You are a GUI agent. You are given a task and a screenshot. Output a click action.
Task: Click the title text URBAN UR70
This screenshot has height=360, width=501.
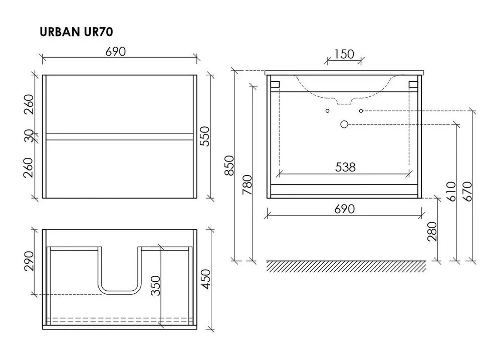click(76, 32)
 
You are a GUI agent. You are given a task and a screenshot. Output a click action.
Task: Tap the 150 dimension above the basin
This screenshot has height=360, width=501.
click(344, 54)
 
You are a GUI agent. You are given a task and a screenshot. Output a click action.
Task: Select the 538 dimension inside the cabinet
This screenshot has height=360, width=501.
click(345, 167)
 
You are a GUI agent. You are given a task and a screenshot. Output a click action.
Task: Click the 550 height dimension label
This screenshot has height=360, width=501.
click(205, 136)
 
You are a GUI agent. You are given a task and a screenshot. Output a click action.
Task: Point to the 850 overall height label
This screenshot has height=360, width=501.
click(229, 165)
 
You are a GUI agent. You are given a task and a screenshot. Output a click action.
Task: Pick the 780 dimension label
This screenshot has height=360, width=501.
click(247, 185)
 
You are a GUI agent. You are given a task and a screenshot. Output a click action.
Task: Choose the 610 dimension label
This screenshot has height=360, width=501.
click(451, 191)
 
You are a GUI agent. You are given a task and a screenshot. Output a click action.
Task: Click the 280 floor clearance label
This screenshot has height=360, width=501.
click(432, 232)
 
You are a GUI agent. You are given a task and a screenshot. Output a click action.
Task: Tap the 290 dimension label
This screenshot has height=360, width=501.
click(29, 261)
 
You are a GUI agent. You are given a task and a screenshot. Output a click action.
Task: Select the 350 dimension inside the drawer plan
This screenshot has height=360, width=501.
click(155, 285)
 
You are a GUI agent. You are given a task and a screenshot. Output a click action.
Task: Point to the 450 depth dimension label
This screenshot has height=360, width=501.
click(207, 279)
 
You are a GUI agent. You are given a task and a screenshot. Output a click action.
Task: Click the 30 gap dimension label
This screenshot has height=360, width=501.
click(29, 136)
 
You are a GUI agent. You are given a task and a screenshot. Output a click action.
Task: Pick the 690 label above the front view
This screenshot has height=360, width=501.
click(116, 52)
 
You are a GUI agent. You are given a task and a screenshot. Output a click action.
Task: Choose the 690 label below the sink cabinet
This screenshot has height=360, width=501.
click(345, 209)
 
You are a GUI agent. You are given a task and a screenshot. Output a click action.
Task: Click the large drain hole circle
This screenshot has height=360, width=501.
click(344, 124)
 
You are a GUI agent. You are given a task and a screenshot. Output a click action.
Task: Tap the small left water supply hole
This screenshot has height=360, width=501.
click(327, 111)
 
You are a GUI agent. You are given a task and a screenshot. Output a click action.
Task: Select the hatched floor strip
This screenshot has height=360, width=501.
click(346, 266)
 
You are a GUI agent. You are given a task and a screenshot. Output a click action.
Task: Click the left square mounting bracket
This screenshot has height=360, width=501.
click(275, 84)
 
